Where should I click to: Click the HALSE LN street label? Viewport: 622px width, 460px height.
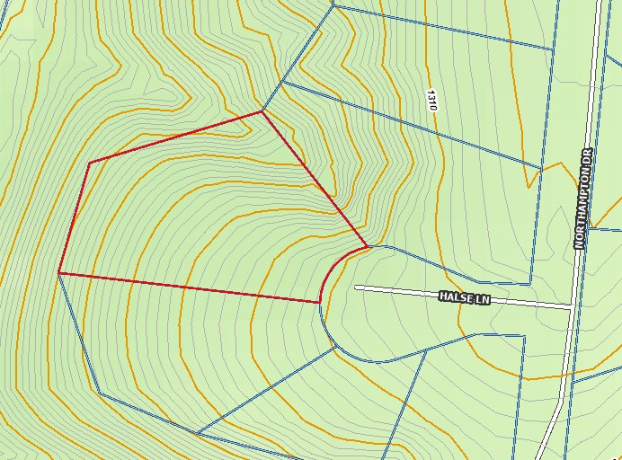pos(465,296)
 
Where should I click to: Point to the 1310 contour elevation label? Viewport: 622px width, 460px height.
pos(432,99)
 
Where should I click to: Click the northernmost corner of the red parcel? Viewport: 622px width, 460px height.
pos(262,111)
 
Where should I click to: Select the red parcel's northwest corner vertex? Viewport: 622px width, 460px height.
pos(90,163)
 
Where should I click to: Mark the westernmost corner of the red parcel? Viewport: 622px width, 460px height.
pos(58,272)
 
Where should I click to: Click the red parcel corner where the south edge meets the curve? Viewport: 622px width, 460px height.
pos(320,303)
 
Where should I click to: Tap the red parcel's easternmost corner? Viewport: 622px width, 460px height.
pos(367,245)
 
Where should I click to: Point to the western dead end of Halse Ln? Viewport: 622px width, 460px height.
pos(358,287)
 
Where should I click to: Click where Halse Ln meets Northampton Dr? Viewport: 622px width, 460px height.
pos(572,307)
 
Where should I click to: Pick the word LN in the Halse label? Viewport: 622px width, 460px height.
pos(483,298)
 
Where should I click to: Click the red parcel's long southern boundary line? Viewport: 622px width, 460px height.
pos(189,287)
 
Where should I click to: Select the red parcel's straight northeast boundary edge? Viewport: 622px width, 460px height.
pos(315,179)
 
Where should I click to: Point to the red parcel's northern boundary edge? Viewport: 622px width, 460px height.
pos(175,137)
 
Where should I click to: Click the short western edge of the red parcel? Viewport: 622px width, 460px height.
pos(74,217)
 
